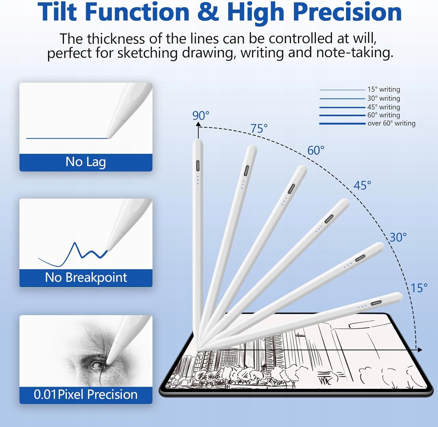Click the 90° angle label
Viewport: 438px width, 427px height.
[x=201, y=116]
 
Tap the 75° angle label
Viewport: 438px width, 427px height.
[x=259, y=128]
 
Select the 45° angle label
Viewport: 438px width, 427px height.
[x=362, y=185]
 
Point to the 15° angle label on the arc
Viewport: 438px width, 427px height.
[x=419, y=288]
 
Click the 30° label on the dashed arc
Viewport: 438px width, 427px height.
[x=398, y=237]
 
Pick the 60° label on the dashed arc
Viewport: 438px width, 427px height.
[x=316, y=151]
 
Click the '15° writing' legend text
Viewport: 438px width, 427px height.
[x=384, y=89]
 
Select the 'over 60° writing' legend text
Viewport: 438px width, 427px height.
[x=391, y=123]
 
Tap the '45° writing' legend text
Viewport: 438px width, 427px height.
[x=384, y=107]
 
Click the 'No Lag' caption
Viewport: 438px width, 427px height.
[x=86, y=162]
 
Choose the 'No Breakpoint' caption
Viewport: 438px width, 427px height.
[x=86, y=277]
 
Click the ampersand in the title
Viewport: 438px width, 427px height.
[x=208, y=12]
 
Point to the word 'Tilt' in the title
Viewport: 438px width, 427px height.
[x=58, y=12]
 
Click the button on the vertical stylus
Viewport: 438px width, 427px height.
[x=198, y=166]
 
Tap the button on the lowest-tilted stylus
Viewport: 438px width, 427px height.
[x=376, y=303]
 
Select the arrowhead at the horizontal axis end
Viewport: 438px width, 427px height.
[x=420, y=349]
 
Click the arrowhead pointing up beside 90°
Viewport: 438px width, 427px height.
[x=199, y=124]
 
